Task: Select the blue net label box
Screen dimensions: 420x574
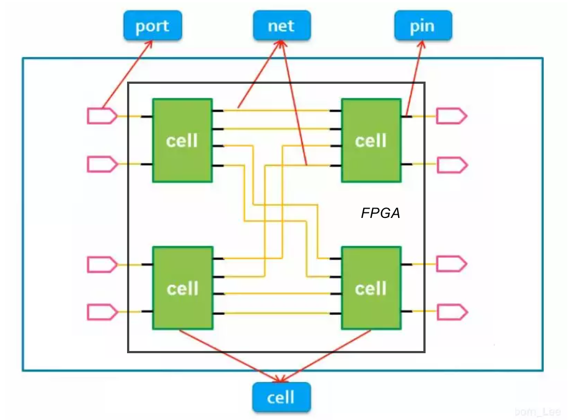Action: tap(282, 26)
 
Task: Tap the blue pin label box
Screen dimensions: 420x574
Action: tap(423, 26)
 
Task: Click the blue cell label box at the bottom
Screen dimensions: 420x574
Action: tap(282, 397)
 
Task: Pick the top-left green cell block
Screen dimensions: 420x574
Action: tap(182, 140)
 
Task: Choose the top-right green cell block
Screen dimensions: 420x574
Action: tap(371, 140)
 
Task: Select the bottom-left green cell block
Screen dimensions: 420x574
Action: tap(182, 288)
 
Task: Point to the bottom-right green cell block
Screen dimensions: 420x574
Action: tap(371, 288)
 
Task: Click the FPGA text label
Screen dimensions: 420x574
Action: tap(380, 214)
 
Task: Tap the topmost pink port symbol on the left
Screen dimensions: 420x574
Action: tap(102, 116)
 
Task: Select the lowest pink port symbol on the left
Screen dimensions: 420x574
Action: tap(102, 312)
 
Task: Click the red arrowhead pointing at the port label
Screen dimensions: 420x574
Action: tap(150, 43)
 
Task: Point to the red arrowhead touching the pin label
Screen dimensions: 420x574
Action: tap(422, 44)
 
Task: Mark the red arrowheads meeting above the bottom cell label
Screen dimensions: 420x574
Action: tap(280, 379)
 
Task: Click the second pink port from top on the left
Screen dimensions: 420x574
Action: tap(102, 164)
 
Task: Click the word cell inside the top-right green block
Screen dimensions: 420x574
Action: tap(371, 141)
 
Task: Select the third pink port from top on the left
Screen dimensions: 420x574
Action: tap(102, 264)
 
